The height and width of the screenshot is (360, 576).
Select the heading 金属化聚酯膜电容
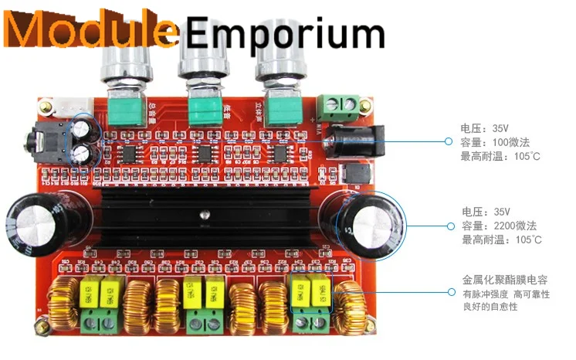(505, 278)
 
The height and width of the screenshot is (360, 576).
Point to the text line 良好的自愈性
(490, 307)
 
